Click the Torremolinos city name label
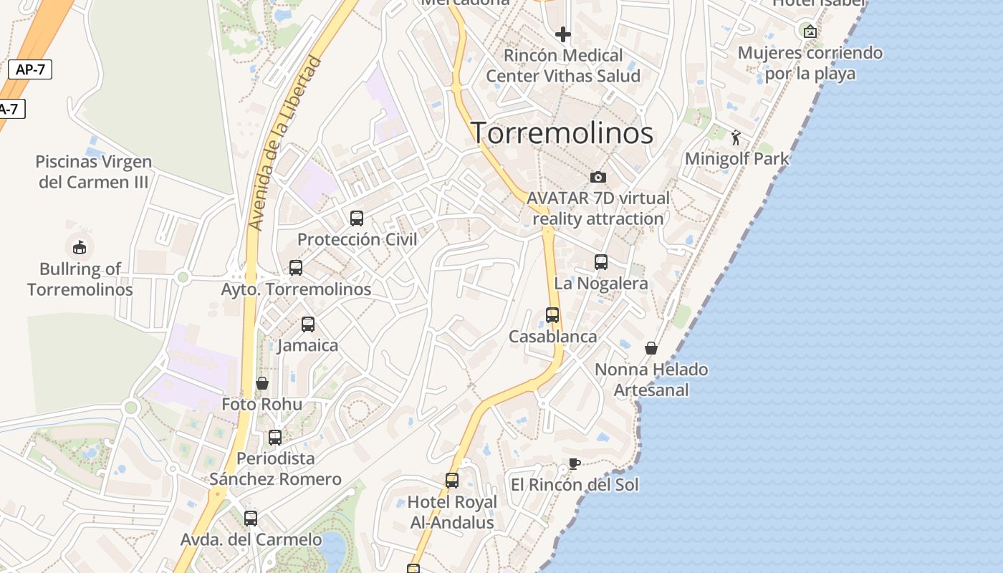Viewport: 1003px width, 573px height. point(562,133)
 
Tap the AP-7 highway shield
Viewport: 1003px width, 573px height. point(30,69)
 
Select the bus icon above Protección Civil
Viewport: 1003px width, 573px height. point(356,218)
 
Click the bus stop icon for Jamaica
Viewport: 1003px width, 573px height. point(308,324)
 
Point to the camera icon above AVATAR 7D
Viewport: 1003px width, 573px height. point(598,177)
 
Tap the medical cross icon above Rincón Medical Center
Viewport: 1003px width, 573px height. point(563,34)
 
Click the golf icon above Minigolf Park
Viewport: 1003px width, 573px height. point(736,138)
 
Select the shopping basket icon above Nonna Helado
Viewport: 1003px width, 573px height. point(651,348)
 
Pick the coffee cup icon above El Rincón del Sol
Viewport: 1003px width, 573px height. point(574,463)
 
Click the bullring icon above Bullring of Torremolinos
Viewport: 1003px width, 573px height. point(80,247)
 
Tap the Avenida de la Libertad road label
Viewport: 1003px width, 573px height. point(285,143)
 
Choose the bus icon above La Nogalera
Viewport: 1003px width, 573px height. point(601,262)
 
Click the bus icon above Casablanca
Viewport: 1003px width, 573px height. point(552,315)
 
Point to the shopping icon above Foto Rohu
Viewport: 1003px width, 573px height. point(262,383)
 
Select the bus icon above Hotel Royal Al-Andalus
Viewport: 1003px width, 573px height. point(452,481)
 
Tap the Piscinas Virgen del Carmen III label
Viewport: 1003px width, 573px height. point(94,172)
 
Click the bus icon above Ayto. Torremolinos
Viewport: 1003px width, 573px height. point(296,268)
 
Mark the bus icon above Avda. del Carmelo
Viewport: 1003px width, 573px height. point(251,519)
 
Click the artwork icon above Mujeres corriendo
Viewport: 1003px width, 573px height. point(810,32)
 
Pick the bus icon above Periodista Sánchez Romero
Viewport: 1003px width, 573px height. point(275,438)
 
